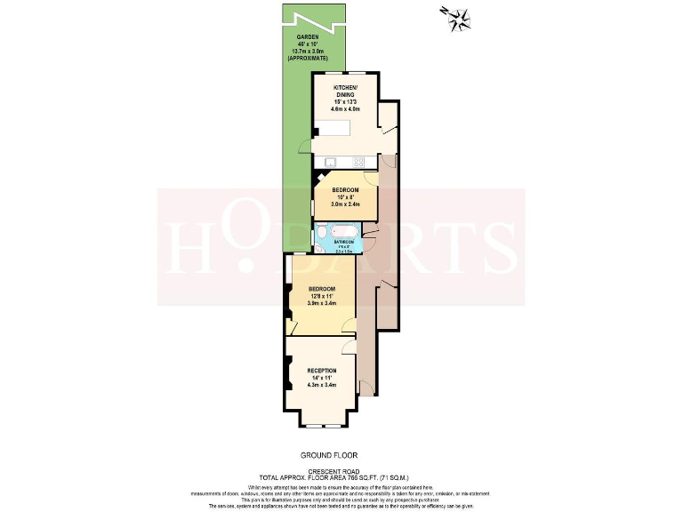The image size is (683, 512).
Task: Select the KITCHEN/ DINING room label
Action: [x=345, y=92]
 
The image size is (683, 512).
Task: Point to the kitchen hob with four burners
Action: [x=359, y=162]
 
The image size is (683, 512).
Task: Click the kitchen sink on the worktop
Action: [x=329, y=162]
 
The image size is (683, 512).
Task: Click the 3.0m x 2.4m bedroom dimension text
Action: [x=345, y=204]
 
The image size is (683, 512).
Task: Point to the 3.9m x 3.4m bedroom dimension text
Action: [x=322, y=303]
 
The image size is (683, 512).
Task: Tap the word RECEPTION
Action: [x=322, y=370]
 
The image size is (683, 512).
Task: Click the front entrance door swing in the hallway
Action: [x=366, y=384]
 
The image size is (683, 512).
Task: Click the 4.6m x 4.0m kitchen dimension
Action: [x=345, y=108]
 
